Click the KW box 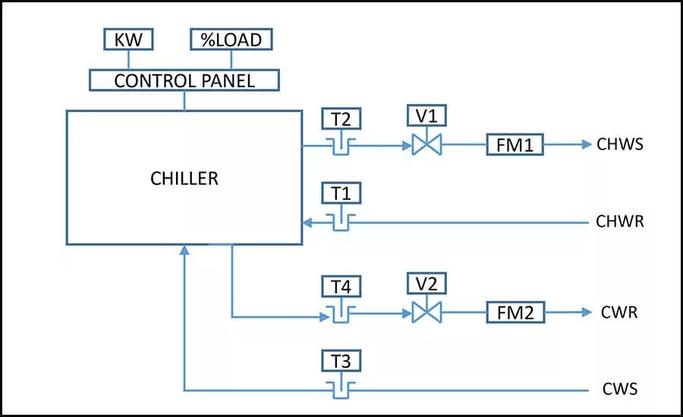[128, 39]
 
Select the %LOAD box [231, 39]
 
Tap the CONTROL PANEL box [184, 80]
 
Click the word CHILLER [184, 178]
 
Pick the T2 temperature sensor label [341, 119]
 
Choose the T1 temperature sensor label [341, 193]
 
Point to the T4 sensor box [341, 287]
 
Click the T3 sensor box [341, 361]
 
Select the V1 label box [426, 116]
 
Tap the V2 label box [426, 284]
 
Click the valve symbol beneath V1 [426, 145]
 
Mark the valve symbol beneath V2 [426, 312]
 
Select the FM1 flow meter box [515, 145]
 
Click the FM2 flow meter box [515, 312]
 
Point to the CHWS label [620, 145]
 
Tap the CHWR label [620, 221]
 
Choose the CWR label [619, 312]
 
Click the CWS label [620, 389]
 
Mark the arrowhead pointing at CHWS [587, 145]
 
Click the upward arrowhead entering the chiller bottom [184, 250]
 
